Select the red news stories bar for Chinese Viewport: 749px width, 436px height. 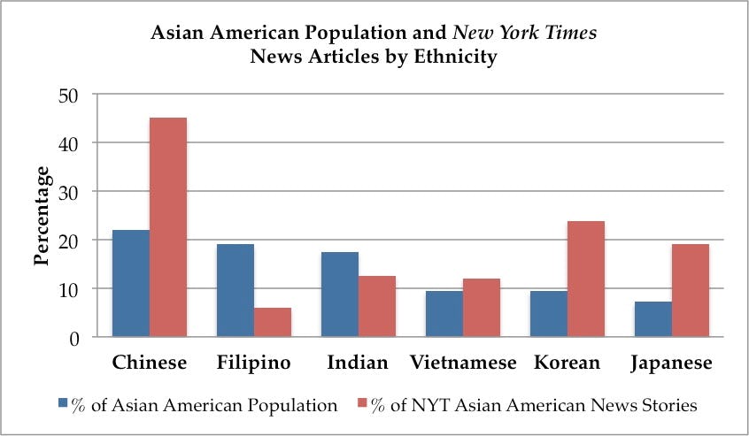168,227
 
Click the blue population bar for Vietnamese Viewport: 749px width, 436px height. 444,314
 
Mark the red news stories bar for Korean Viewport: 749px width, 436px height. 586,279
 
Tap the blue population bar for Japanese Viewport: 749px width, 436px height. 653,319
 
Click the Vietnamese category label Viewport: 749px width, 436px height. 463,363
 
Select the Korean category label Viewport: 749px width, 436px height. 568,363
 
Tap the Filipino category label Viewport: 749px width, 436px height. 254,363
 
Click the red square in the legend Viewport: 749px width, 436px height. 361,406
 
